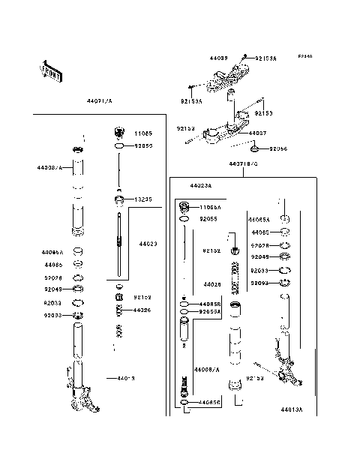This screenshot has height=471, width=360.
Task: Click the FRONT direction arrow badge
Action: pos(46,70)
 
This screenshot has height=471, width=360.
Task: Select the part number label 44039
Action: pos(218,57)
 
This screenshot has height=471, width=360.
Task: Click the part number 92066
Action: pos(278,148)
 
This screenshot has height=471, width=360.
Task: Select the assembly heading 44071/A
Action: pos(98,98)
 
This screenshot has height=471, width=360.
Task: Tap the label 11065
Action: pos(142,133)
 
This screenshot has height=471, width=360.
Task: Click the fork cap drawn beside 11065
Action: pos(118,134)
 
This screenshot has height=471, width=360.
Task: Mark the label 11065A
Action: pos(210,206)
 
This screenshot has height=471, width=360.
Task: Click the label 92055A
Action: pos(210,311)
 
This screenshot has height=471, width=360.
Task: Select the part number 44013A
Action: pos(292,410)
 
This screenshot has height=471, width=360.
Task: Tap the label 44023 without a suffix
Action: pos(147,243)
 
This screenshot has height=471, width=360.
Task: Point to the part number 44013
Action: pos(126,379)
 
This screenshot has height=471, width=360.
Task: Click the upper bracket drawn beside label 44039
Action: pos(229,76)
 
